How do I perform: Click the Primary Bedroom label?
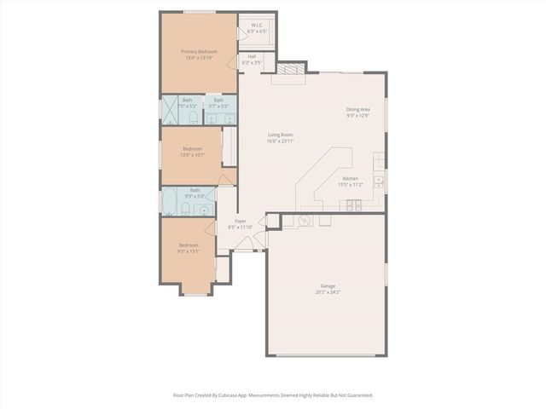[199, 51]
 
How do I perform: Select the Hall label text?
[253, 57]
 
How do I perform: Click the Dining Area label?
[357, 109]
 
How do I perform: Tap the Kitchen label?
[350, 178]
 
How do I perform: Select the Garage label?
[328, 285]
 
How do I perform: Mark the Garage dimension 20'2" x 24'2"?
[328, 292]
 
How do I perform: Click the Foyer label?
[241, 221]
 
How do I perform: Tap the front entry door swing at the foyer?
[244, 243]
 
